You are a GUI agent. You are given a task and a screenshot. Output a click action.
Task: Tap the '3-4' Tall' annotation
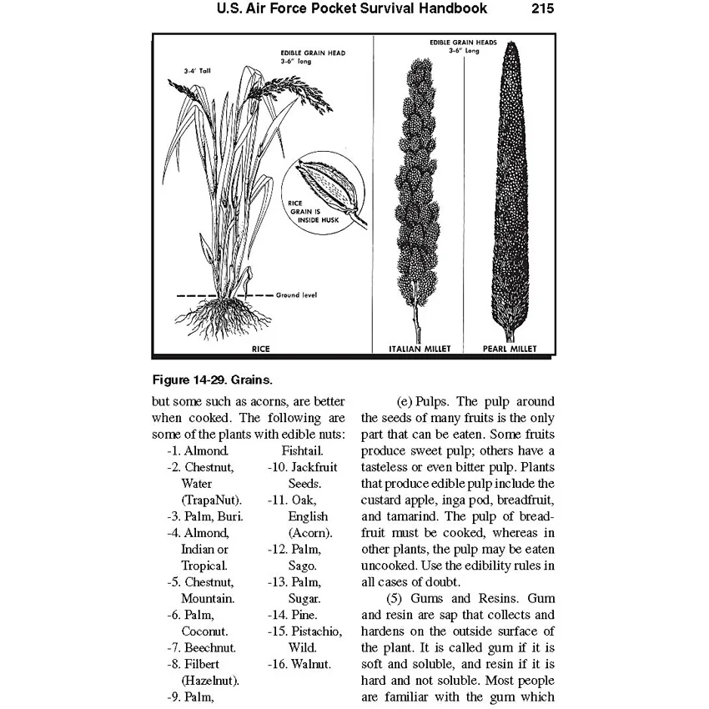pyautogui.click(x=198, y=72)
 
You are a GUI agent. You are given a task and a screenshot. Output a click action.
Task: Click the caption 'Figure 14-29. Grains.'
pyautogui.click(x=213, y=380)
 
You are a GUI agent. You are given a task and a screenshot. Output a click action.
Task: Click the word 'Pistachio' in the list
pyautogui.click(x=317, y=631)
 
